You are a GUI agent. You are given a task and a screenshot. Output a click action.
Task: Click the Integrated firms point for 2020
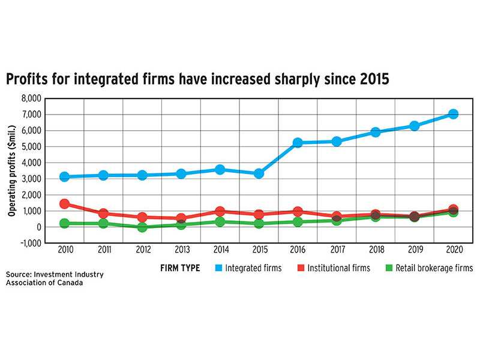[x=453, y=114]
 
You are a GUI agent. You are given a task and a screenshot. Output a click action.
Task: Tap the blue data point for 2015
[x=259, y=173]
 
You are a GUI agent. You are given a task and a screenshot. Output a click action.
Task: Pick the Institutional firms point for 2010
[x=64, y=204]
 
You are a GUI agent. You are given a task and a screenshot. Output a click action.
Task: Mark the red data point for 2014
[x=220, y=211]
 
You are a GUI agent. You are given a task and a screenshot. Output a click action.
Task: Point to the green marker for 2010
[x=64, y=223]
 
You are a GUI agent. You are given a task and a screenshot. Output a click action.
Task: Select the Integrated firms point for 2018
[x=375, y=132]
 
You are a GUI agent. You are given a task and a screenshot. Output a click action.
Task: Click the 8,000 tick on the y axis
[x=30, y=98]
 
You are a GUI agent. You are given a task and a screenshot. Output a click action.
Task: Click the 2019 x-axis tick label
[x=414, y=250]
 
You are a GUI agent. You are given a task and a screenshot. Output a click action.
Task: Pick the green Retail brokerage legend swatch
[x=389, y=268]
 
